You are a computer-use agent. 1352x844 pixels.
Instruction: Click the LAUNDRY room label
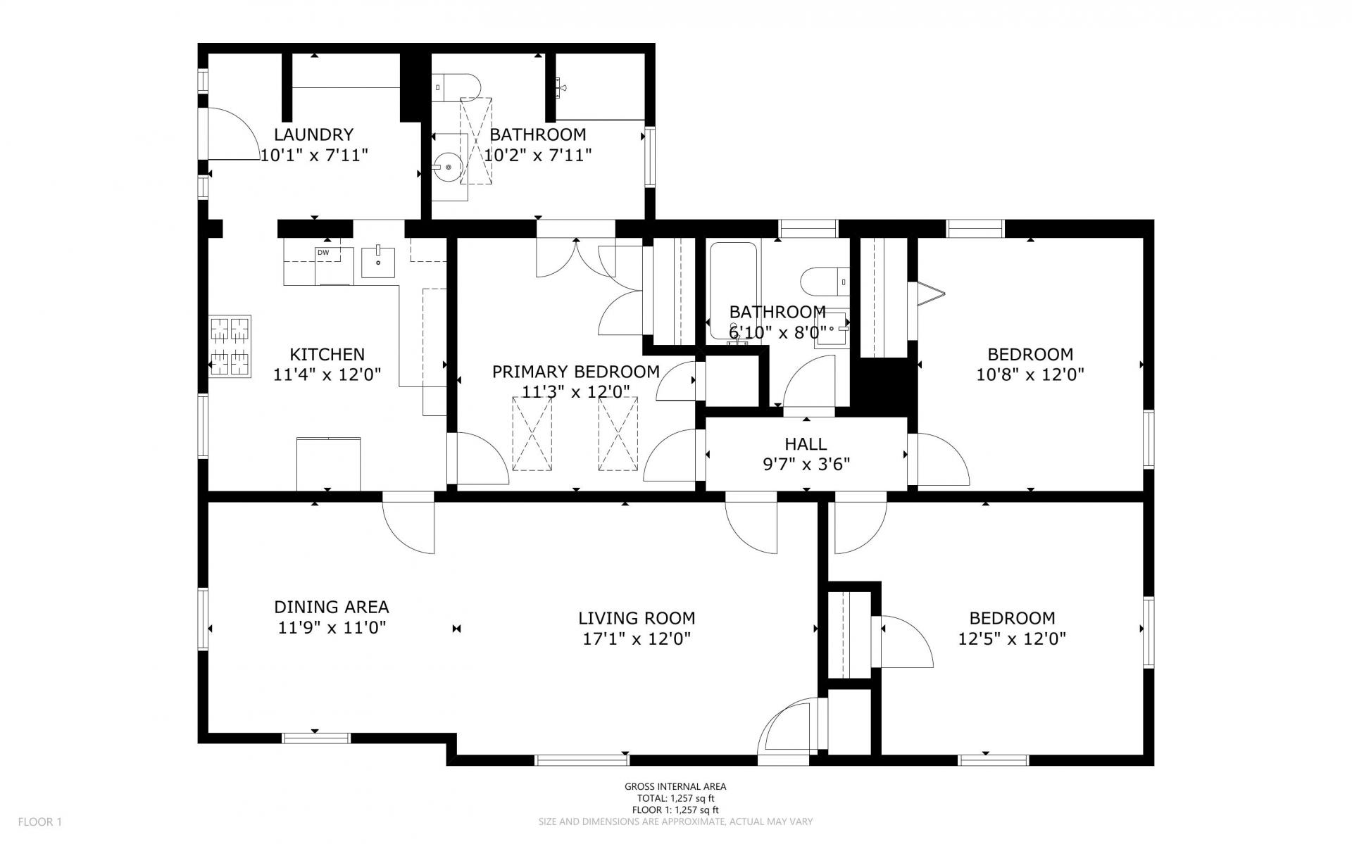(313, 134)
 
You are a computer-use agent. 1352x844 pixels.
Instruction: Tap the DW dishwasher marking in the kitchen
(323, 253)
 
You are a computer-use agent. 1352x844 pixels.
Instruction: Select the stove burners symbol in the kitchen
(230, 346)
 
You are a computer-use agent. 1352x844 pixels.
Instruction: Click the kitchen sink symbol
(378, 261)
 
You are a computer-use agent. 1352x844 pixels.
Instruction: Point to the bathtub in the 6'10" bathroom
(733, 290)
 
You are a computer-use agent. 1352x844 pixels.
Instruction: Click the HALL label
(806, 444)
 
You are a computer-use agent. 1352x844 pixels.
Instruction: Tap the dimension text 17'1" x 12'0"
(637, 639)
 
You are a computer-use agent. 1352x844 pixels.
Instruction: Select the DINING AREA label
(331, 607)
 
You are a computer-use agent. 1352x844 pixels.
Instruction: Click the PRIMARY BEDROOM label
(576, 372)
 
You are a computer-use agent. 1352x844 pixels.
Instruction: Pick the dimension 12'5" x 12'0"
(1012, 639)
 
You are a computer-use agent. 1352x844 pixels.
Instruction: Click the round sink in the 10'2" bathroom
(449, 167)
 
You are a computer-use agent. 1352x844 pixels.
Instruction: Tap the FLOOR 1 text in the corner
(40, 821)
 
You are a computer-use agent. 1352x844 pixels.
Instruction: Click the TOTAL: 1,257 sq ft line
(675, 798)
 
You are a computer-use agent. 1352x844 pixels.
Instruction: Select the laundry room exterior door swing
(233, 134)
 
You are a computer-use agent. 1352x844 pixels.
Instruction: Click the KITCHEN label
(327, 354)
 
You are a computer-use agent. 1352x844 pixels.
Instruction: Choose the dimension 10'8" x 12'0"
(1030, 374)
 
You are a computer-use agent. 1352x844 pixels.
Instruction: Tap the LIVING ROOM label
(637, 619)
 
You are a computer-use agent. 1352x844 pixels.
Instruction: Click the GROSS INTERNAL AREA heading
(675, 787)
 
